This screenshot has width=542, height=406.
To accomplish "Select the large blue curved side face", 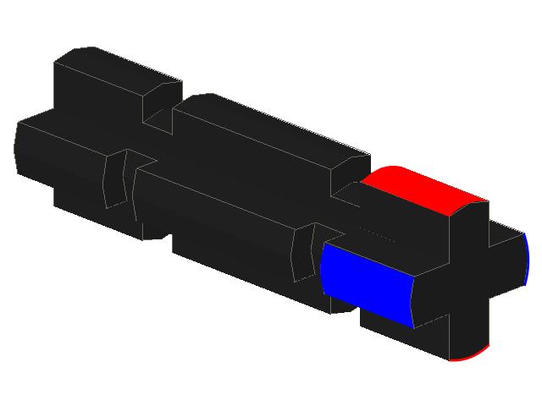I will (366, 283).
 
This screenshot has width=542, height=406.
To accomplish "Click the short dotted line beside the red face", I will (377, 234).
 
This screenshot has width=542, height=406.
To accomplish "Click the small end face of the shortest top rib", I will (162, 102).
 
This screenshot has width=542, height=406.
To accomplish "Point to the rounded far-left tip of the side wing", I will (17, 149).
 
